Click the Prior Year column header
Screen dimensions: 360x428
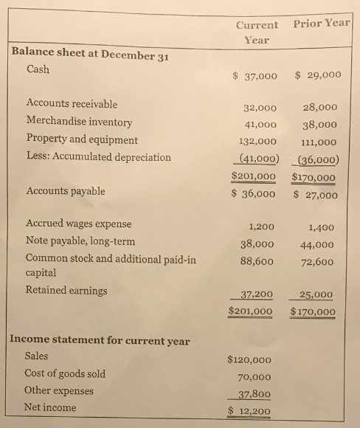coord(321,22)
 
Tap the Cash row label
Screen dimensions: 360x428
coord(39,69)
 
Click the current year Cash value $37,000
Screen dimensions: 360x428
coord(255,75)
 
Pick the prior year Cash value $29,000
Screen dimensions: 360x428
coord(317,75)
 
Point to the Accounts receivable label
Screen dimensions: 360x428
coord(72,104)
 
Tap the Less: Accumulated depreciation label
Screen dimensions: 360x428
coord(98,157)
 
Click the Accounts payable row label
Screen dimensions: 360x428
coord(65,191)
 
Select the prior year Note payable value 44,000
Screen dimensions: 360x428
coord(319,244)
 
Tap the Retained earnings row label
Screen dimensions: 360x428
coord(66,290)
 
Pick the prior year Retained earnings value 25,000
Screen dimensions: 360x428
coord(317,294)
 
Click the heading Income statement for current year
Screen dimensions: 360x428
coord(100,341)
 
